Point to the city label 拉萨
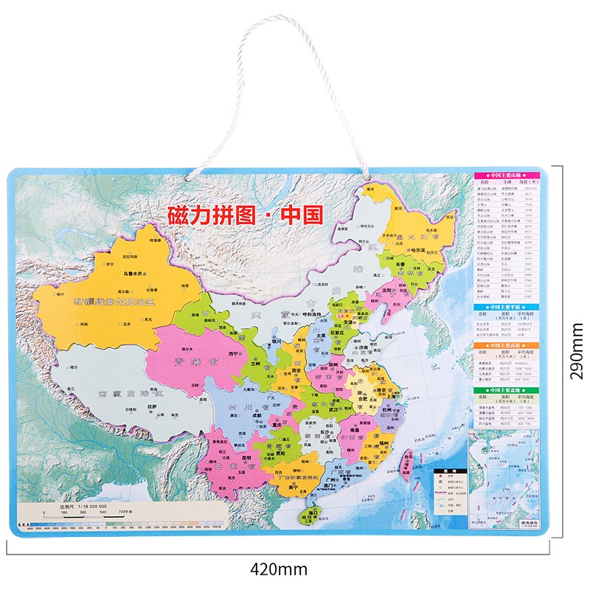[153, 406]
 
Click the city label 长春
[403, 263]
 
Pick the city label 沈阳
[385, 291]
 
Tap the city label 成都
[255, 415]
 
